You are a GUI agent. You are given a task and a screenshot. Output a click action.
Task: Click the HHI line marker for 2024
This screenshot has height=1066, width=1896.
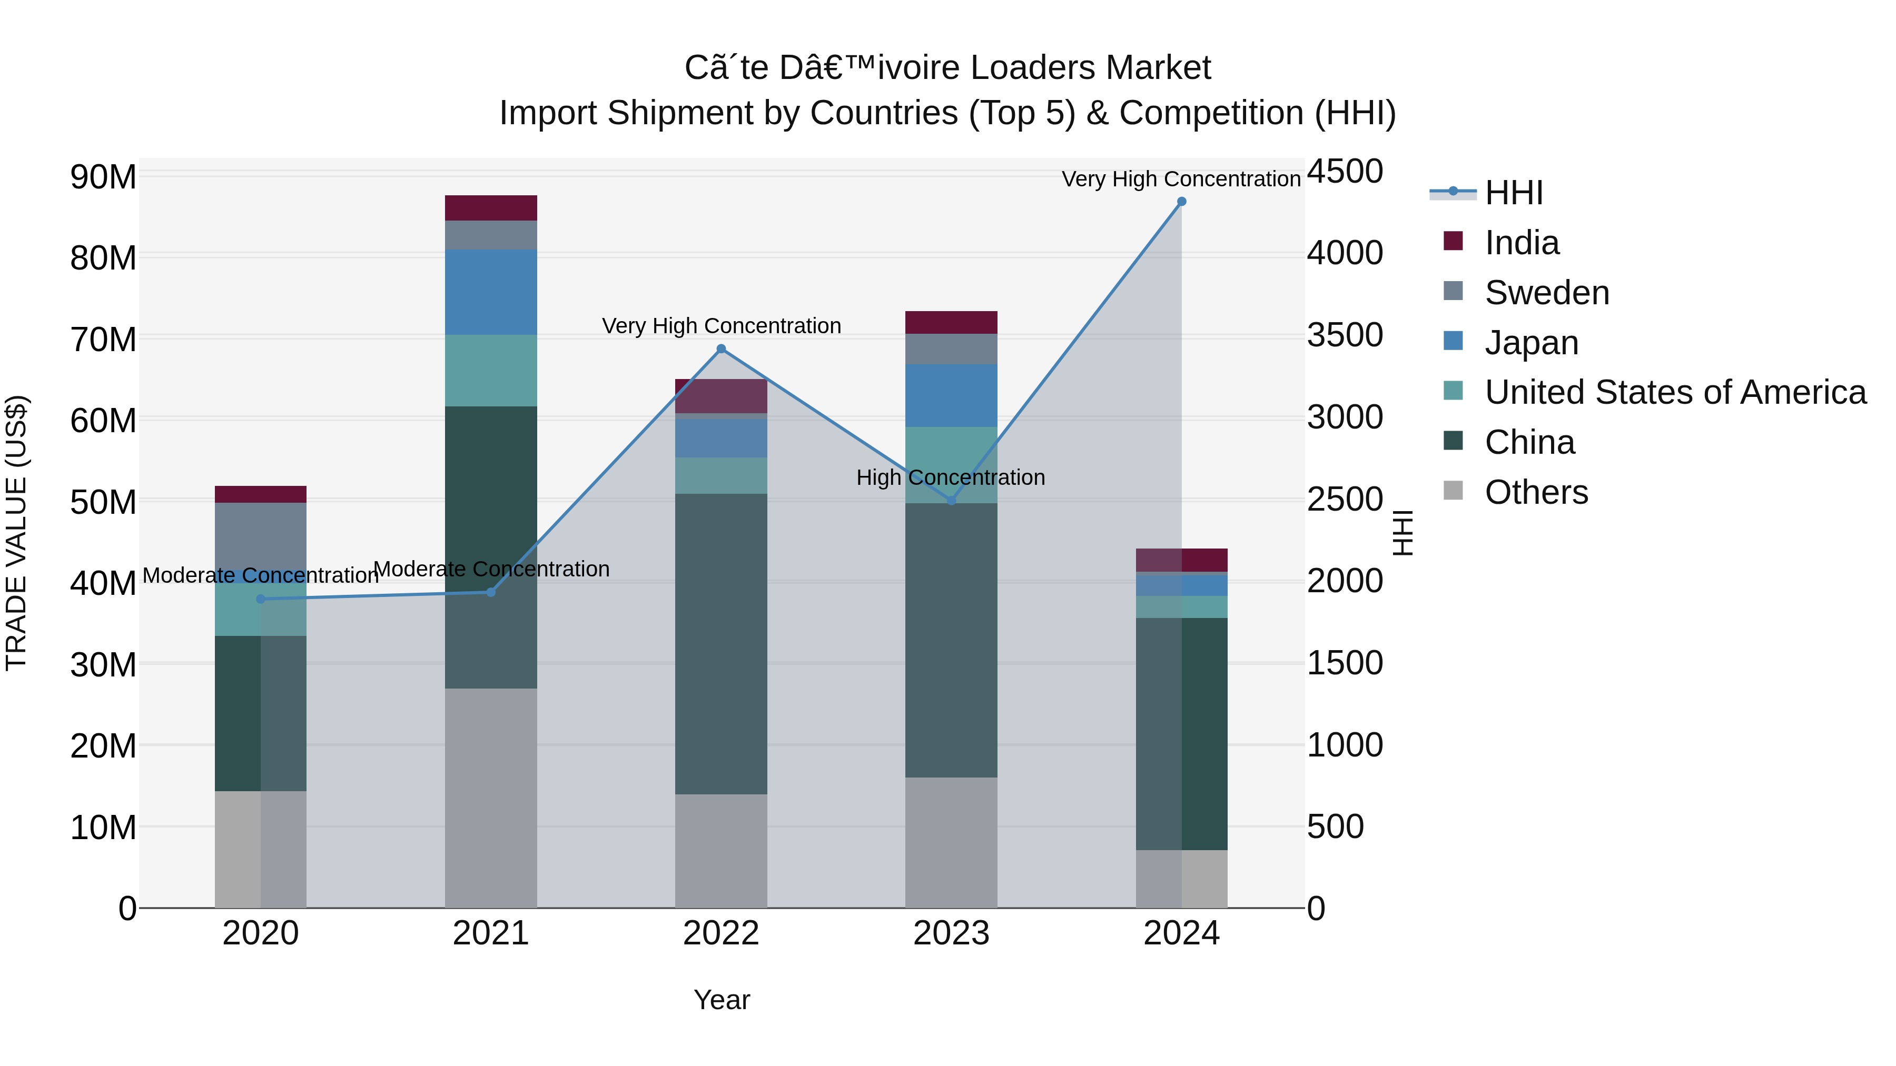pos(1181,202)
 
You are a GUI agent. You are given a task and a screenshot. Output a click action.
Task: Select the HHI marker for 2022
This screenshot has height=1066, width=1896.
pos(722,348)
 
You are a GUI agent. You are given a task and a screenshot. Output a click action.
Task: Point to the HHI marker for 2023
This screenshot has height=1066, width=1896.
pos(951,500)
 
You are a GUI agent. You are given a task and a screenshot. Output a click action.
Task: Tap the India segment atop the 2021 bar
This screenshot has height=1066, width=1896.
pos(491,207)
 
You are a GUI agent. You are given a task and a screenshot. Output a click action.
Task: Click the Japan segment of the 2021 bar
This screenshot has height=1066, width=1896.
pos(491,292)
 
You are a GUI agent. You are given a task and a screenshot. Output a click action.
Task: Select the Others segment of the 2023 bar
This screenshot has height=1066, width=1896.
pos(951,842)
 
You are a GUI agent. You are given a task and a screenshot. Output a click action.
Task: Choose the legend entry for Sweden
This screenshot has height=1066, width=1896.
pos(1546,293)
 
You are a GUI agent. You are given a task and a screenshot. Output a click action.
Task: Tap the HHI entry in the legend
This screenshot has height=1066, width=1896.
pos(1513,193)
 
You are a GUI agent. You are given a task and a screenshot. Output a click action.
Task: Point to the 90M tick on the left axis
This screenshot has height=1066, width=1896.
pos(103,177)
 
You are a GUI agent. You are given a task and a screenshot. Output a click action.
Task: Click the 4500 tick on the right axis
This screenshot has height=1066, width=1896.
pos(1345,172)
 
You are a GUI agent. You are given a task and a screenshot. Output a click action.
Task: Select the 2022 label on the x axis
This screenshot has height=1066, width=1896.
pos(722,933)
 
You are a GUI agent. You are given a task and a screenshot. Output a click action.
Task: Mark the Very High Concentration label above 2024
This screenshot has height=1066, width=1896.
pos(1181,179)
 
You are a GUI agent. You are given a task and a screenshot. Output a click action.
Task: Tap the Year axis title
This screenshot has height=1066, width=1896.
pos(722,1000)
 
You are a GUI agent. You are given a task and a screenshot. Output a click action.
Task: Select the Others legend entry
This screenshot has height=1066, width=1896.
pos(1536,492)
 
